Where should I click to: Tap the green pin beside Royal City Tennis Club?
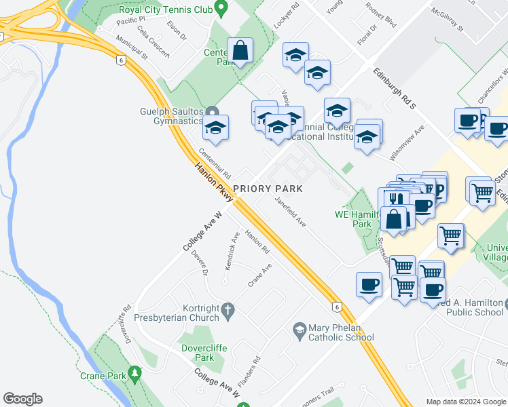(x=220, y=8)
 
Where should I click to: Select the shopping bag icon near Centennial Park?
(x=240, y=50)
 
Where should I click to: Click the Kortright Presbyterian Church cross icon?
(x=228, y=310)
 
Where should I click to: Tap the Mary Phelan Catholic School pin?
(x=299, y=330)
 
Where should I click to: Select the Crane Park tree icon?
(x=135, y=373)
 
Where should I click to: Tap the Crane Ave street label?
(x=260, y=275)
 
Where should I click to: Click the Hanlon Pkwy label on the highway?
(x=215, y=182)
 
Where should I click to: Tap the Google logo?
(x=22, y=399)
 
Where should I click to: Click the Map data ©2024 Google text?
(x=466, y=402)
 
